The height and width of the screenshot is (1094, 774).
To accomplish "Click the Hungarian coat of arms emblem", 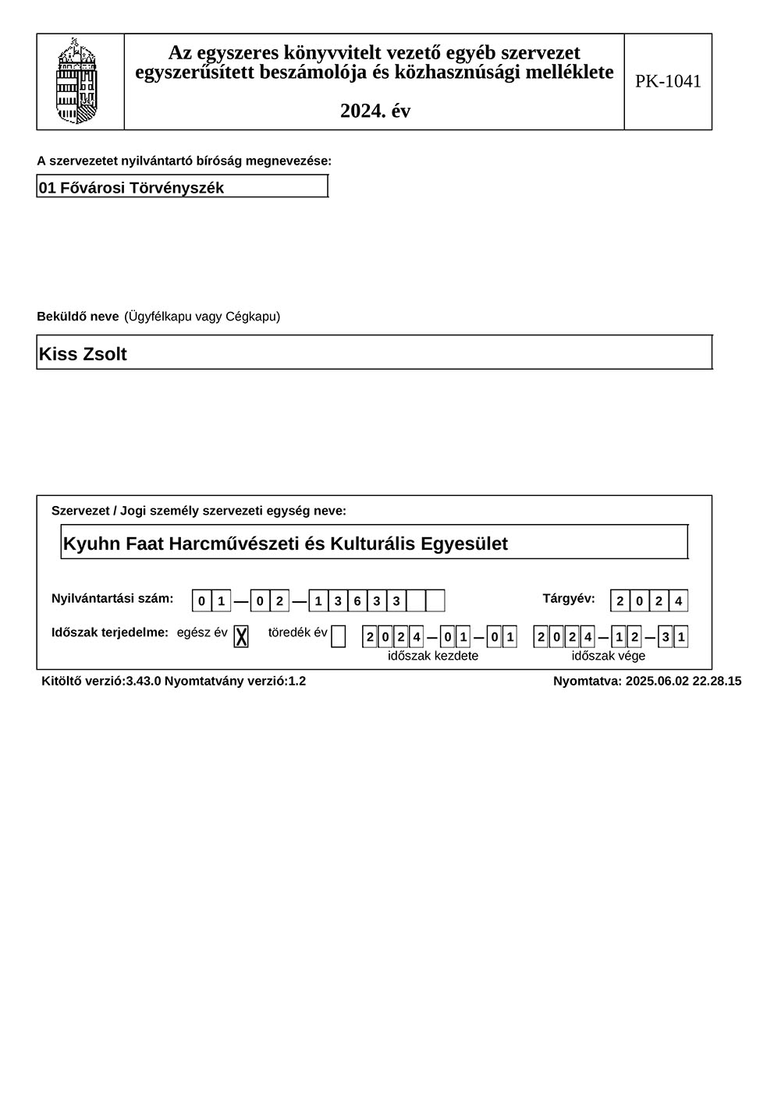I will [77, 81].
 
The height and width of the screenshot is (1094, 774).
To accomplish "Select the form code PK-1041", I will [668, 81].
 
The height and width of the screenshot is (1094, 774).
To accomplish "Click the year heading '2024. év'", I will [375, 111].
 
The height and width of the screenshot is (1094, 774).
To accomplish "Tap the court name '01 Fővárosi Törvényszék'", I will [131, 188].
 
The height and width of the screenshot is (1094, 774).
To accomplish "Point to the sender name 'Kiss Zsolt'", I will [83, 354].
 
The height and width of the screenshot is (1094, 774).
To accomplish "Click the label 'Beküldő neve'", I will [78, 317].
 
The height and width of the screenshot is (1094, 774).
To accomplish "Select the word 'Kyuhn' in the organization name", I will [88, 543].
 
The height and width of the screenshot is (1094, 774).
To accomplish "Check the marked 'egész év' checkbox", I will [241, 636].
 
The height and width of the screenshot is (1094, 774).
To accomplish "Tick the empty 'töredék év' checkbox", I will [338, 636].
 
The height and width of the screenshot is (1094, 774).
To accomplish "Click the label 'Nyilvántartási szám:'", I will [112, 599].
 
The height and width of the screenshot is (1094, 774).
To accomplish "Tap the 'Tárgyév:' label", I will [569, 599].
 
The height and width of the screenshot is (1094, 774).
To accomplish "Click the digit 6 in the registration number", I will [357, 601].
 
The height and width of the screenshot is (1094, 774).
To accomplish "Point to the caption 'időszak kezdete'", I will [433, 656].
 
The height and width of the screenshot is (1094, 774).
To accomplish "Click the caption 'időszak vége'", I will [609, 656].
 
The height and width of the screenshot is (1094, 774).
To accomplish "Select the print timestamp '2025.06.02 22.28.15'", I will [683, 681].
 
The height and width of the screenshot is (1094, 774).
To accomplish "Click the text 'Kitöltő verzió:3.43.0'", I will [101, 681].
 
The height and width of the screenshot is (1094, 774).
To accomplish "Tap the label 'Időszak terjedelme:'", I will [110, 632].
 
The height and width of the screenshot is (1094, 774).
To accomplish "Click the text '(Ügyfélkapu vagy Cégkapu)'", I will [202, 317].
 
